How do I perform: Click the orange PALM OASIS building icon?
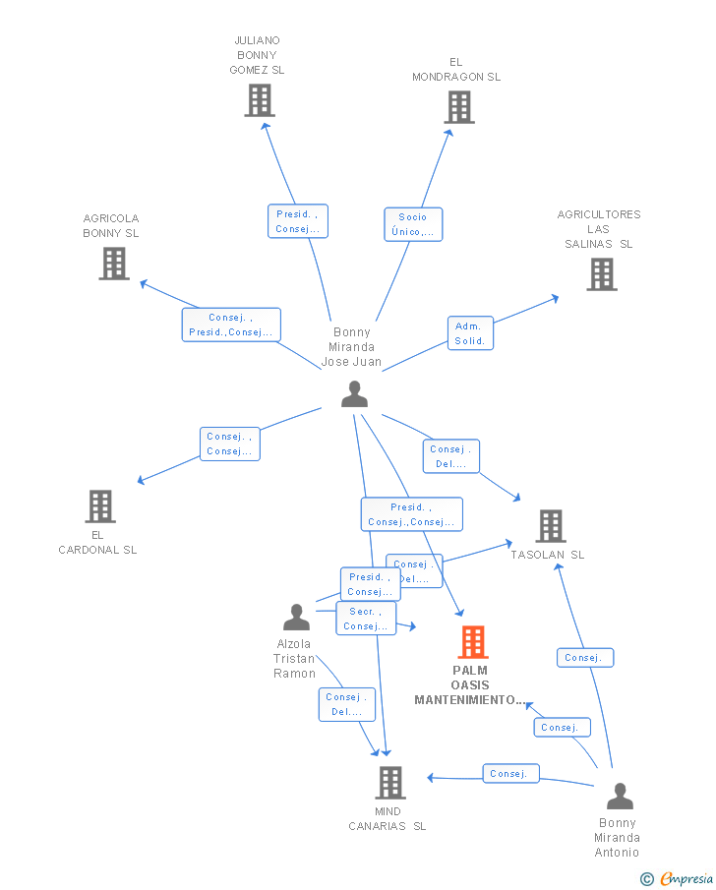coord(473,642)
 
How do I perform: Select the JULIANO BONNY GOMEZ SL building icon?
coord(260,100)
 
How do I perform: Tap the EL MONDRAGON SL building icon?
coord(459,107)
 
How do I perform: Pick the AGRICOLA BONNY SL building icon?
coord(114,264)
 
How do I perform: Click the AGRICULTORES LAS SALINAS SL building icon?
coord(602,274)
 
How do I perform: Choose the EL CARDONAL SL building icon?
coord(100,506)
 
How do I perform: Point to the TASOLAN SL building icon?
coord(551,526)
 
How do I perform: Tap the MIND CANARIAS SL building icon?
coord(390,783)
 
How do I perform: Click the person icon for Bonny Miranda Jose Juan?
coord(355,394)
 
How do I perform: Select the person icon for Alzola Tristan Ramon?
coord(296,618)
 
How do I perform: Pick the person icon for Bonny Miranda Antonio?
coord(620,797)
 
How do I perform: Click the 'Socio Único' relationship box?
coord(413,225)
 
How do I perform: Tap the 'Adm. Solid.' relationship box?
coord(471,333)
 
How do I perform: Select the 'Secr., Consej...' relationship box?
coord(366,619)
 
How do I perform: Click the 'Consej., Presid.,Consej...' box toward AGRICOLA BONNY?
coord(231,325)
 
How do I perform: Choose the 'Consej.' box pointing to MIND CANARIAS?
coord(511,774)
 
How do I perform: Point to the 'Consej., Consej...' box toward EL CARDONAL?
coord(230,444)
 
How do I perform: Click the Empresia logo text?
coord(686,878)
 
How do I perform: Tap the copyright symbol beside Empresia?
coord(647,879)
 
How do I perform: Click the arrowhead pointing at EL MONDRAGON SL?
coord(449,133)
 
